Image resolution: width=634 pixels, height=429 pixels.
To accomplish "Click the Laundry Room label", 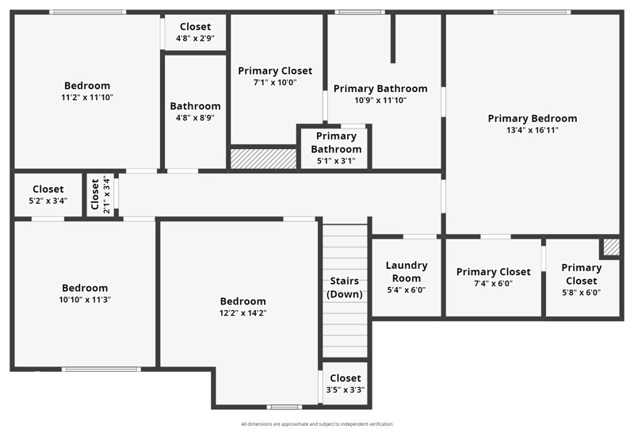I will pos(406,271).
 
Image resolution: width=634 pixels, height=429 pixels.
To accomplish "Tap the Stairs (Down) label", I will pos(345,287).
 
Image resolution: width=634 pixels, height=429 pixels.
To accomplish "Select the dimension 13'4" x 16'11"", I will pos(532,130).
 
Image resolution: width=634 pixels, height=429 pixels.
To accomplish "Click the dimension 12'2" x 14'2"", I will pos(243,312).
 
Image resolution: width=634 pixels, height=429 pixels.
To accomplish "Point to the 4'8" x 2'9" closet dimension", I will pos(195,38).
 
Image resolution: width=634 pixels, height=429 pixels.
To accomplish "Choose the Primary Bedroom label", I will pos(532,118).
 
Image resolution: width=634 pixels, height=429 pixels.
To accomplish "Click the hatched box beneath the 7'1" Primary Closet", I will pos(263,158).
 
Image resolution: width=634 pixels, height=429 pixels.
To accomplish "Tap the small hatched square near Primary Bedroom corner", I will pos(610,247).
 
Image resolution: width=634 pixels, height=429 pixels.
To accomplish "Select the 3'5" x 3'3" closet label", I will pos(345,390).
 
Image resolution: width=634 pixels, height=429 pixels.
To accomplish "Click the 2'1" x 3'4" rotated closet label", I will pos(101,195).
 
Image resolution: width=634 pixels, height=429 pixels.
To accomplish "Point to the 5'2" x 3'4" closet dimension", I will pos(48,201).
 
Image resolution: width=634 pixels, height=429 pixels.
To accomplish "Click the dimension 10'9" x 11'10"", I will pos(380,101).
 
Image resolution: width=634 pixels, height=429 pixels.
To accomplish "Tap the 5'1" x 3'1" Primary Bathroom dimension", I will pos(336,161).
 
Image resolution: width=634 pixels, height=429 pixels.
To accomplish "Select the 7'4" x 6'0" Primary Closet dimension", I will pos(493,283).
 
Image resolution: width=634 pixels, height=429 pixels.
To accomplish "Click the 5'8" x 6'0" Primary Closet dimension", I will pos(581,292).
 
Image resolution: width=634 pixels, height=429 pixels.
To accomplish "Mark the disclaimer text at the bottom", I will pos(317,424).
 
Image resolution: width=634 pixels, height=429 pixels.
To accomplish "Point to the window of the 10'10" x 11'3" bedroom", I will pos(101,370).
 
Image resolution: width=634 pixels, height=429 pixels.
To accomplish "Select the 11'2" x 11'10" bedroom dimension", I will pos(87,98).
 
